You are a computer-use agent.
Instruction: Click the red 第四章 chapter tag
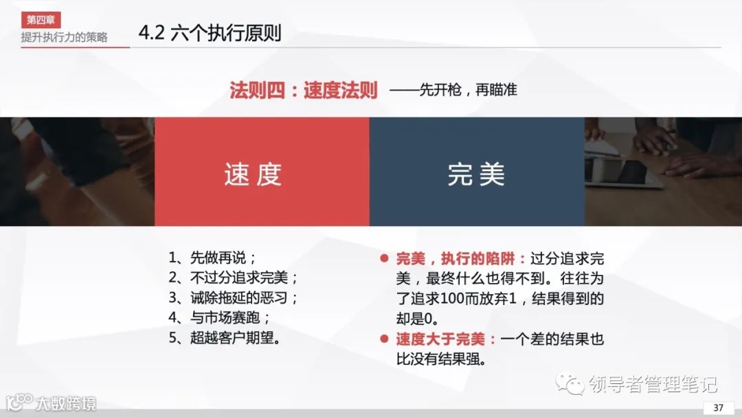pos(41,20)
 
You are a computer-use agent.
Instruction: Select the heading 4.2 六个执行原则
pos(210,34)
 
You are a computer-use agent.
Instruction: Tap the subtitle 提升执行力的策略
pos(64,37)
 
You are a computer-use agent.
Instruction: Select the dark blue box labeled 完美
pos(477,172)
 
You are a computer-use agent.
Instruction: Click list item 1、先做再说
pos(212,258)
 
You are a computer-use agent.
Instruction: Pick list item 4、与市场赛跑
pos(219,318)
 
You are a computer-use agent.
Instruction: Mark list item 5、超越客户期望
pos(226,338)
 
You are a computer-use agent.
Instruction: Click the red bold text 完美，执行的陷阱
pos(461,259)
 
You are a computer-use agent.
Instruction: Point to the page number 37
pos(719,407)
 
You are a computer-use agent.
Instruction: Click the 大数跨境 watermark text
pos(67,402)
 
